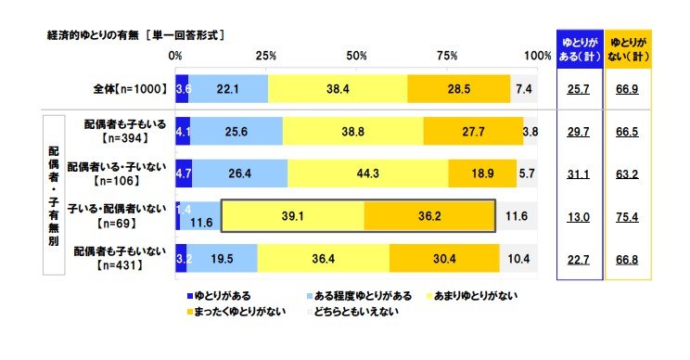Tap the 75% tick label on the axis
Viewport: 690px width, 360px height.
(x=448, y=57)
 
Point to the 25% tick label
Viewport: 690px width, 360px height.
(x=266, y=57)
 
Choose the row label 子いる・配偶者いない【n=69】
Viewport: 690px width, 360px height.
(x=120, y=213)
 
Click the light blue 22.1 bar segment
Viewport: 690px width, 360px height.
(x=228, y=88)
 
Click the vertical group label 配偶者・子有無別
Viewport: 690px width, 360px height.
(x=54, y=195)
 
